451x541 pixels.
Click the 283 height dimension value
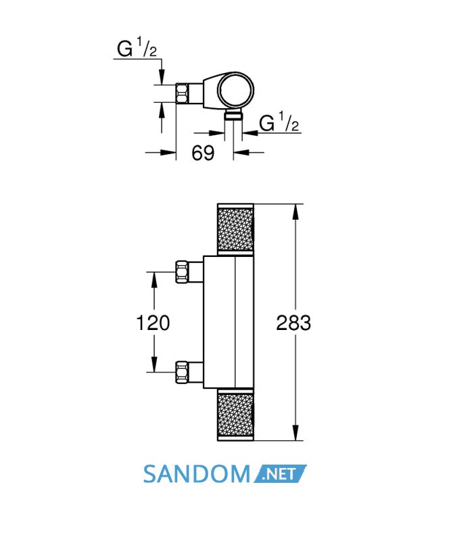(293, 323)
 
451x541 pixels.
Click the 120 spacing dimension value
(153, 323)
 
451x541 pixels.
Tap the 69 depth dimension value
(203, 153)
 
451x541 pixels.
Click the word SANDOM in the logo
(196, 474)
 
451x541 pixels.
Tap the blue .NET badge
(280, 474)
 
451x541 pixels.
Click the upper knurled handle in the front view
(235, 229)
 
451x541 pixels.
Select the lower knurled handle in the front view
(235, 415)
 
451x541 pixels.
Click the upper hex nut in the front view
(181, 272)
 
